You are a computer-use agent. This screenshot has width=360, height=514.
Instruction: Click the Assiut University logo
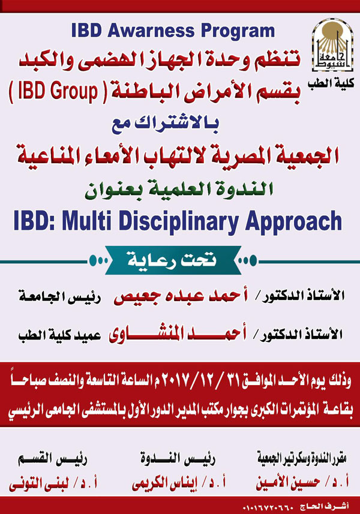point(332,45)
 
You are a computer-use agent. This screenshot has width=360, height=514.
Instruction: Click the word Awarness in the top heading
point(151,31)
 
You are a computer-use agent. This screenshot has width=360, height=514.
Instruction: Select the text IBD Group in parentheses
point(58,91)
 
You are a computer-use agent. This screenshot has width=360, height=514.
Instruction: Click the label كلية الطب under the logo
point(331,83)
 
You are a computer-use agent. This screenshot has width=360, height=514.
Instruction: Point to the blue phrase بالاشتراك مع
point(165,124)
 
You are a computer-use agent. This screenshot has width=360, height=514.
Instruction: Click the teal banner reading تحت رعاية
point(173,260)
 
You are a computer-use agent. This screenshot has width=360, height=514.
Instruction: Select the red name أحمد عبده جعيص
point(181,296)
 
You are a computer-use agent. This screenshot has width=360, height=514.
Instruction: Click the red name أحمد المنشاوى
point(178,334)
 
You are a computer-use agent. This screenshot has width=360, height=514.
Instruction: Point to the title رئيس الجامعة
point(59,297)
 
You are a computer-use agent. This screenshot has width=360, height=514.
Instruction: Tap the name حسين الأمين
point(288,483)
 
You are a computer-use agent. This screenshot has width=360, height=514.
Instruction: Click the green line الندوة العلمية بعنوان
point(179,190)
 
